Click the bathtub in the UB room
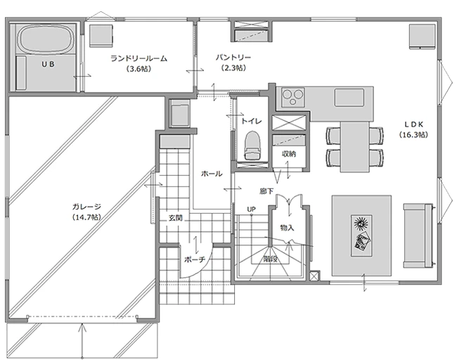pyautogui.click(x=45, y=39)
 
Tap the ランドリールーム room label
pyautogui.click(x=139, y=58)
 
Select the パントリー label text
pyautogui.click(x=233, y=57)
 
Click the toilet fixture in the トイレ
pyautogui.click(x=252, y=145)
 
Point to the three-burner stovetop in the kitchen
pyautogui.click(x=293, y=97)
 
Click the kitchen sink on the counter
pyautogui.click(x=349, y=97)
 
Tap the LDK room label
pyautogui.click(x=413, y=124)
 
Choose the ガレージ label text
pyautogui.click(x=86, y=207)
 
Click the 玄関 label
pyautogui.click(x=176, y=217)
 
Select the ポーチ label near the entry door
pyautogui.click(x=195, y=259)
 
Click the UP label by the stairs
pyautogui.click(x=251, y=210)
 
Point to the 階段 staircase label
pyautogui.click(x=270, y=259)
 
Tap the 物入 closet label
pyautogui.click(x=287, y=228)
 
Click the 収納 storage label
pyautogui.click(x=288, y=153)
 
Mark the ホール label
pyautogui.click(x=212, y=174)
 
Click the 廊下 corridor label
pyautogui.click(x=266, y=191)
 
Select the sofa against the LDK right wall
pyautogui.click(x=418, y=236)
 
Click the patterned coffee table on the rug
pyautogui.click(x=361, y=236)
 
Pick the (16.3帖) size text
pyautogui.click(x=413, y=135)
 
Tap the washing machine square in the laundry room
pyautogui.click(x=101, y=36)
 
